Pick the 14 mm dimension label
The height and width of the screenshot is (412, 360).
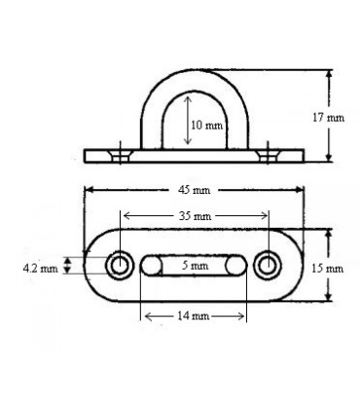(x=194, y=317)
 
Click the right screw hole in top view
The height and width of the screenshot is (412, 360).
(x=268, y=265)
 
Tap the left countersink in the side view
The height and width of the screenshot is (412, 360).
(x=119, y=154)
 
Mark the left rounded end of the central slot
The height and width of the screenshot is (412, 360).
(x=150, y=265)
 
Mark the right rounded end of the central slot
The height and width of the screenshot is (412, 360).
(x=238, y=265)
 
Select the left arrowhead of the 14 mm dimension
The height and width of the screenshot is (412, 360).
(x=146, y=317)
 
